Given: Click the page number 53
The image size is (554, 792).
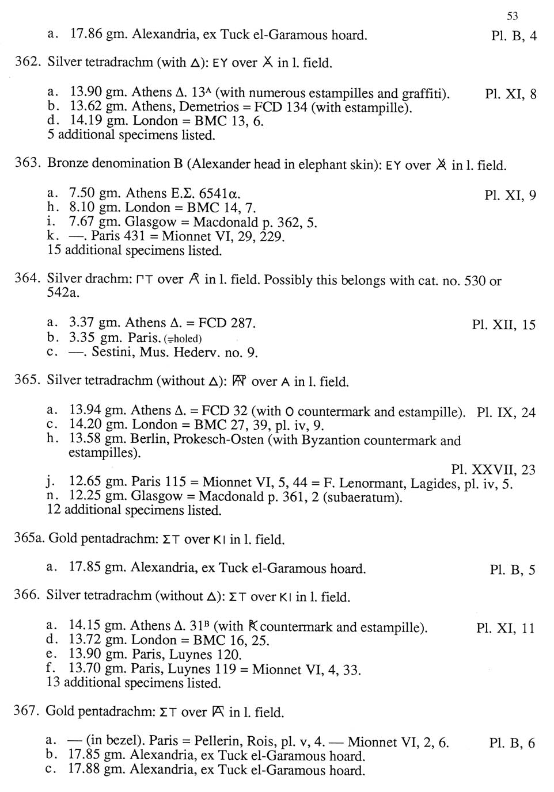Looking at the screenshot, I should (x=512, y=16).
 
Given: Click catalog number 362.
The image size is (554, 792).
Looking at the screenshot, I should (x=27, y=62).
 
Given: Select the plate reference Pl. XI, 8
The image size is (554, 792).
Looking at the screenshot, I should (x=510, y=94).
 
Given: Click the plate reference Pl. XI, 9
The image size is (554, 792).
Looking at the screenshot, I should (x=510, y=196).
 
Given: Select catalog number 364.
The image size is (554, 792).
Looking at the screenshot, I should (x=27, y=280).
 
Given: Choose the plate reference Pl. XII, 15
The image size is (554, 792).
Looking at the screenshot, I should (x=503, y=325).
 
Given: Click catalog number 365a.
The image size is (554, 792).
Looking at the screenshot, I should (x=29, y=540).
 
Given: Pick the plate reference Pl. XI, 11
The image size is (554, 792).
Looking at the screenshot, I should (x=506, y=628).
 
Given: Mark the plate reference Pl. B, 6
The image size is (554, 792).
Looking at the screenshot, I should (x=512, y=743).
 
